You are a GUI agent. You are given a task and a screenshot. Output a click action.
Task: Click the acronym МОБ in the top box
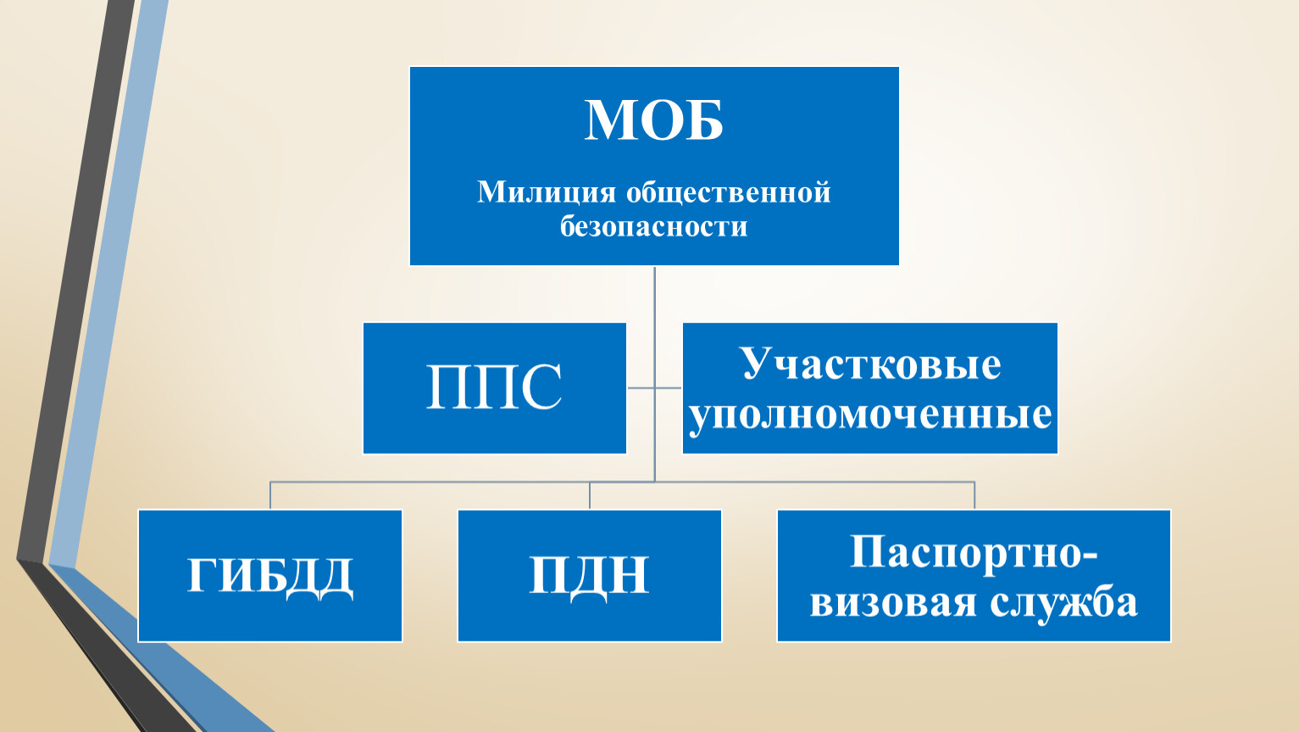pos(654,120)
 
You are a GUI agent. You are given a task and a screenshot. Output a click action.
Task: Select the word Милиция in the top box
pos(546,192)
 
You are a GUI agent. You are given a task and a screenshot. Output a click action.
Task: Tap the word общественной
pos(729,192)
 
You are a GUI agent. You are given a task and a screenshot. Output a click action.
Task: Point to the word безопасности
pos(653,226)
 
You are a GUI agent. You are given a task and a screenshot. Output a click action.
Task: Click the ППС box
pos(495,388)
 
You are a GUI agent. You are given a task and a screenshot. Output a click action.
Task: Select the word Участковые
pos(871,365)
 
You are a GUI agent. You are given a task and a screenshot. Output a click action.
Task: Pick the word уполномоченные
pos(870,415)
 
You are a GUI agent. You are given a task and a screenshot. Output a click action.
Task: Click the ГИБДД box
pos(270,576)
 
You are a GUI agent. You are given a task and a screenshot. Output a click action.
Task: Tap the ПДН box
pos(590,576)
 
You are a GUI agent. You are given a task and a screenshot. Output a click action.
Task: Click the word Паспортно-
pos(974,552)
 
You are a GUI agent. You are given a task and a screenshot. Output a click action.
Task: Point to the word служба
pos(1063,602)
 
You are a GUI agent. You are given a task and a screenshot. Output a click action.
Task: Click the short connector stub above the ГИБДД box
pos(270,496)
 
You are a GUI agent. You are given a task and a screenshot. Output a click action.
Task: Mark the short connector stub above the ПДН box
pos(590,496)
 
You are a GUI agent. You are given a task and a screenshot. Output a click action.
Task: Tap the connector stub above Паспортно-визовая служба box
pos(974,496)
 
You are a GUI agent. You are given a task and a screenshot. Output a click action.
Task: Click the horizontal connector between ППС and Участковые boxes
pos(655,387)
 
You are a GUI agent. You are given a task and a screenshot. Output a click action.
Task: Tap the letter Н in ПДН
pos(629,574)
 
